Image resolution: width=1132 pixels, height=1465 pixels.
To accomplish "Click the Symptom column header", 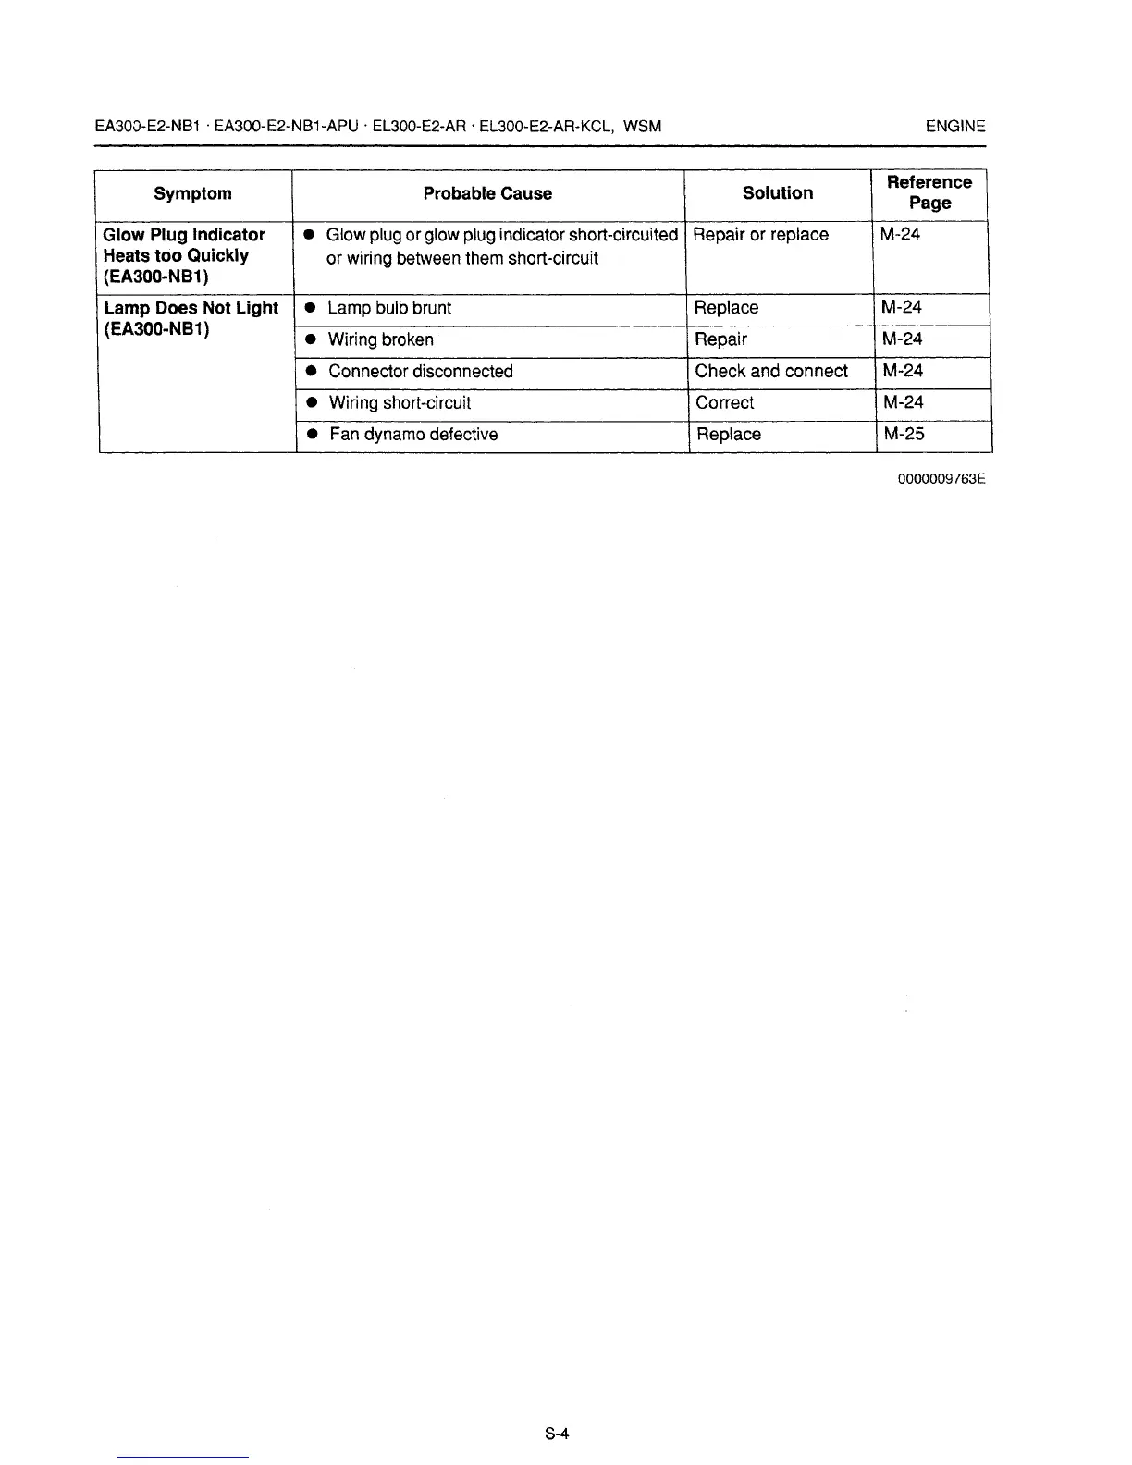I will pyautogui.click(x=192, y=193).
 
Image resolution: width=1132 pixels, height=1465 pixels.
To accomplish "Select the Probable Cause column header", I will pyautogui.click(x=487, y=193).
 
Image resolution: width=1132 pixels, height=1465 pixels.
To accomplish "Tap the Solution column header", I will pyautogui.click(x=778, y=192).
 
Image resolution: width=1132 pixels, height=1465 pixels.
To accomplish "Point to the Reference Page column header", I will pyautogui.click(x=929, y=192).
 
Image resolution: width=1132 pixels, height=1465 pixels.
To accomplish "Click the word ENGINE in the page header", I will pyautogui.click(x=955, y=127).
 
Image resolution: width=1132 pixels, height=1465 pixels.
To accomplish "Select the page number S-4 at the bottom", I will pyautogui.click(x=556, y=1434).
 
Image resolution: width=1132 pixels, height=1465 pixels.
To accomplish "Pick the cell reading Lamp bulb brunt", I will pyautogui.click(x=389, y=308).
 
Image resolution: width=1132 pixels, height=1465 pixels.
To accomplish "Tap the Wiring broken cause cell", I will pyautogui.click(x=380, y=339).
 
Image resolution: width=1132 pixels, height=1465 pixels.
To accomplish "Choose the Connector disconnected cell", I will pyautogui.click(x=420, y=371).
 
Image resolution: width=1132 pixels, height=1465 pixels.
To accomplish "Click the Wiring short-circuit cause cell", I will pyautogui.click(x=400, y=402).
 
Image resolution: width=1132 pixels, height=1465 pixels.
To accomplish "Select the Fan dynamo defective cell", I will pyautogui.click(x=412, y=434).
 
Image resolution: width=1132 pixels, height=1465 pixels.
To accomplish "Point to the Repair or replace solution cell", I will pyautogui.click(x=760, y=234).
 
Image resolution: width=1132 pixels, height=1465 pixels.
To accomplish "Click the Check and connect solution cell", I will pyautogui.click(x=771, y=371).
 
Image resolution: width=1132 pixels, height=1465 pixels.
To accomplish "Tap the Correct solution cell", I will pyautogui.click(x=724, y=402).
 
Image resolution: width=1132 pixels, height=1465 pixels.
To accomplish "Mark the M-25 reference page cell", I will pyautogui.click(x=904, y=434).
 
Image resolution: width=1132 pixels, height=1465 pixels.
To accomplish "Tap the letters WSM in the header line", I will pyautogui.click(x=643, y=127).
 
